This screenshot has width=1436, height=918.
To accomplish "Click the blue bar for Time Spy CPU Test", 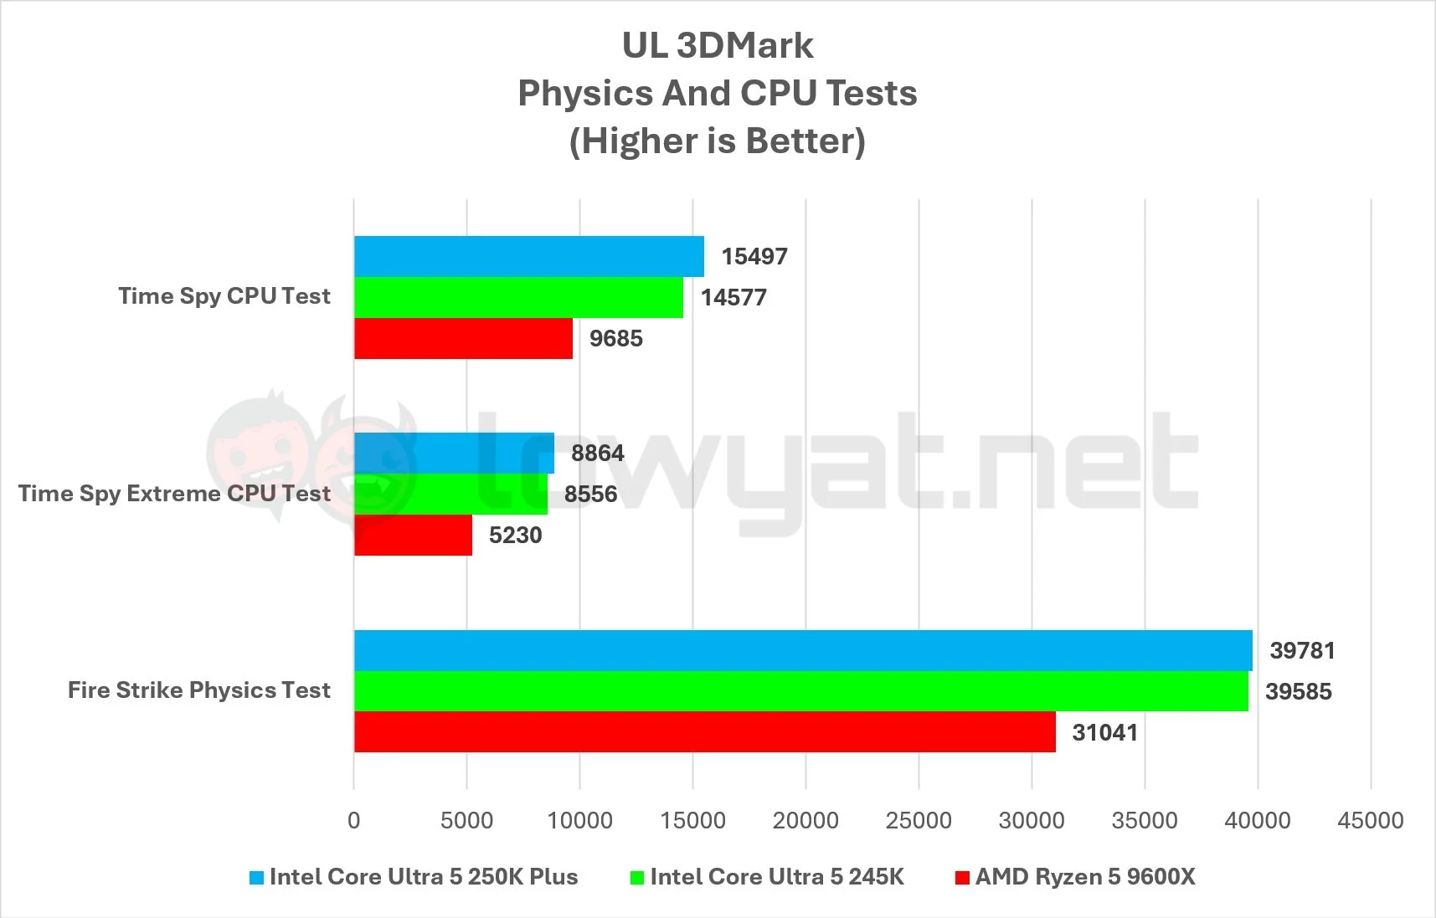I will tap(528, 256).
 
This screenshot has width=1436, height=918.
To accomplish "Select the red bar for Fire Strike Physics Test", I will tap(704, 732).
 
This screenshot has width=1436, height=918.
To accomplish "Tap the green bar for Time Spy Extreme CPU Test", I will tap(450, 494).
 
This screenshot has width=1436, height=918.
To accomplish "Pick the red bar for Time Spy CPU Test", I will tap(463, 338).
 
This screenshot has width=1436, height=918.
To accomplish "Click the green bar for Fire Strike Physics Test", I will tap(800, 691).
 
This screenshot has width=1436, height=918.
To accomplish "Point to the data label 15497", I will tap(754, 256).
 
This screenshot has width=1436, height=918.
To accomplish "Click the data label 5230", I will tap(515, 535).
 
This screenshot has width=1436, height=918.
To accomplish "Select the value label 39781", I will tap(1302, 650).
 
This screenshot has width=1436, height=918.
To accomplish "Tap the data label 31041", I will tap(1104, 732).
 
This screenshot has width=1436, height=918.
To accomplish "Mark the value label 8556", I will tap(590, 494).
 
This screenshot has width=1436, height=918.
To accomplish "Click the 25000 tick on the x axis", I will tap(919, 820).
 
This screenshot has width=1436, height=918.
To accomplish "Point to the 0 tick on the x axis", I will tap(354, 820).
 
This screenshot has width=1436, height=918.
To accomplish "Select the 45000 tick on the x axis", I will tap(1371, 820).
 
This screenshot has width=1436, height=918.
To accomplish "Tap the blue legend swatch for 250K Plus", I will tap(257, 878).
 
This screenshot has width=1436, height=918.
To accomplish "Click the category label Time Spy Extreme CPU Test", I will tap(174, 494).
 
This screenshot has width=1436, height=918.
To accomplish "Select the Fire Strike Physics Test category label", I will tap(199, 690).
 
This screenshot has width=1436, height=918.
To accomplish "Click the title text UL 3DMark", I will tap(718, 46).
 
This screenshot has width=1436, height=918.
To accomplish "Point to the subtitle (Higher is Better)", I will tap(718, 141).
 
